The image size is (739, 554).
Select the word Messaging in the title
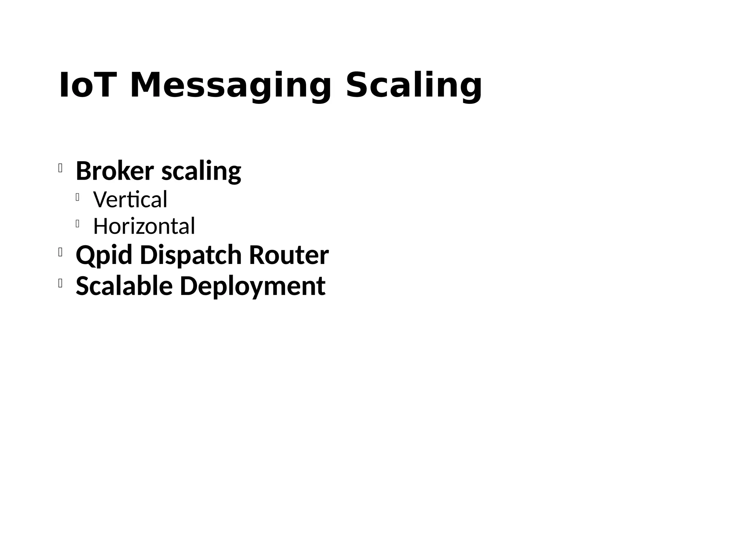[231, 86]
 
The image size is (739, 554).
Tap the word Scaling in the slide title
[414, 86]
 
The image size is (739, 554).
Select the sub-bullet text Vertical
[130, 199]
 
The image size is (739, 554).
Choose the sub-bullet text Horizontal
[144, 226]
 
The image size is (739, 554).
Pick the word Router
[289, 255]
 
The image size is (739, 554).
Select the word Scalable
[124, 286]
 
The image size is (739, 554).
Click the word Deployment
[253, 286]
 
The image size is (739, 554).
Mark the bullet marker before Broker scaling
[60, 168]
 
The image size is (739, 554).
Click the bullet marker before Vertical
[78, 197]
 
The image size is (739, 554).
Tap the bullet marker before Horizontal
[78, 224]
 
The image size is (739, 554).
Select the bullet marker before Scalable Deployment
[60, 283]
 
